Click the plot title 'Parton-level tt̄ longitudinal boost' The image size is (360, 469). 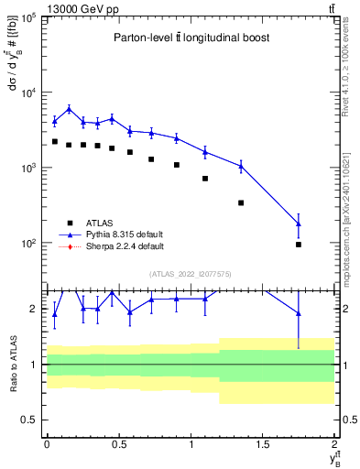pyautogui.click(x=191, y=38)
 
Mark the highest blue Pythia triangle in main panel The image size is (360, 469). pyautogui.click(x=69, y=109)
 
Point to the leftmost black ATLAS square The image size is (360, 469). pyautogui.click(x=54, y=141)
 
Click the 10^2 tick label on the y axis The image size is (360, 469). pyautogui.click(x=29, y=244)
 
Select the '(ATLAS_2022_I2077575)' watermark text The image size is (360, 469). pyautogui.click(x=191, y=274)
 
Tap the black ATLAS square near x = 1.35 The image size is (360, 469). pyautogui.click(x=241, y=202)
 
